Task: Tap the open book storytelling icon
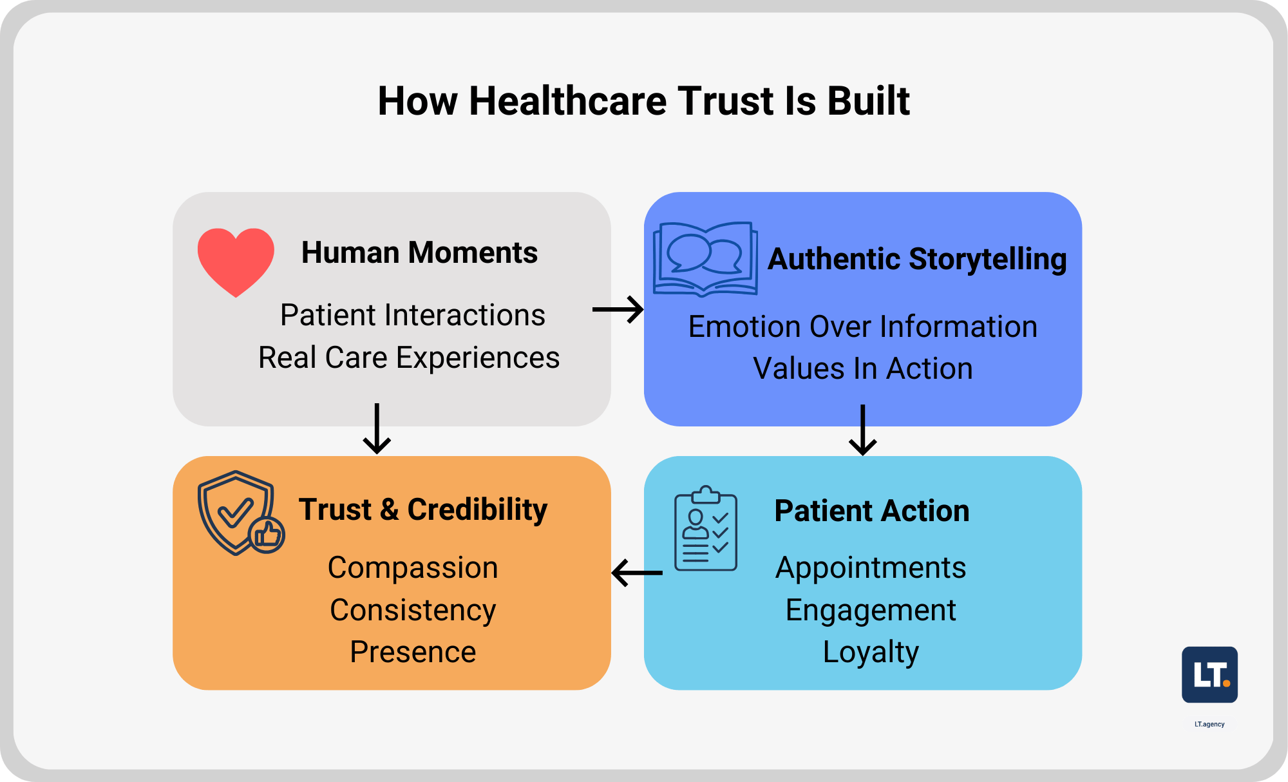pyautogui.click(x=705, y=259)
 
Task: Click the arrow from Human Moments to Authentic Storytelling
pyautogui.click(x=618, y=310)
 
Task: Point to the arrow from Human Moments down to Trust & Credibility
pyautogui.click(x=377, y=429)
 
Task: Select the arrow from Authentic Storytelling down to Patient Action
pyautogui.click(x=862, y=430)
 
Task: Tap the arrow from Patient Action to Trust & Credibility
pyautogui.click(x=637, y=573)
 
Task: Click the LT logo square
pyautogui.click(x=1209, y=674)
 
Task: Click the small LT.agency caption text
pyautogui.click(x=1209, y=724)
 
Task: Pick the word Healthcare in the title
pyautogui.click(x=567, y=101)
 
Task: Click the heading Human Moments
pyautogui.click(x=419, y=253)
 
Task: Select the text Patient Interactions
pyautogui.click(x=413, y=316)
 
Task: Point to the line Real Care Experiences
pyautogui.click(x=409, y=358)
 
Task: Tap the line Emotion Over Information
pyautogui.click(x=862, y=327)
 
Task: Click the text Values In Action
pyautogui.click(x=862, y=369)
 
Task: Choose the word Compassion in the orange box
pyautogui.click(x=413, y=568)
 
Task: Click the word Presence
pyautogui.click(x=413, y=652)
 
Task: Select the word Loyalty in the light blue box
pyautogui.click(x=871, y=652)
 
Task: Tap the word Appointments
pyautogui.click(x=871, y=568)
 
